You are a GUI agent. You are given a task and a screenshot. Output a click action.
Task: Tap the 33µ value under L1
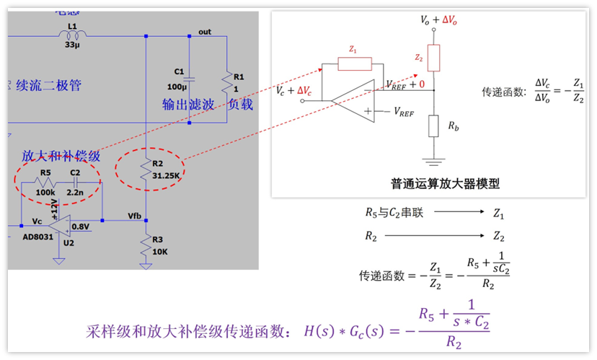coord(72,45)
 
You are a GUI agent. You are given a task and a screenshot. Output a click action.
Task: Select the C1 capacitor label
coord(179,72)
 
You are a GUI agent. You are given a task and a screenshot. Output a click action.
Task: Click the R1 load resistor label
coord(239,76)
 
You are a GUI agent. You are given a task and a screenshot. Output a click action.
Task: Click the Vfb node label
coord(135,215)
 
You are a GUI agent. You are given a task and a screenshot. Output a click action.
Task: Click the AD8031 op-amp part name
coord(38,236)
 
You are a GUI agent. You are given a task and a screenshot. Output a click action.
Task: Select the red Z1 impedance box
coord(355,65)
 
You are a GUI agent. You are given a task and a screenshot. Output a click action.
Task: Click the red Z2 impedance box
coord(433,58)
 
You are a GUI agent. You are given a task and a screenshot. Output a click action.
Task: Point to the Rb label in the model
coord(452,126)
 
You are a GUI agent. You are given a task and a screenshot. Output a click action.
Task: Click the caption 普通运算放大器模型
coord(446,183)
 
